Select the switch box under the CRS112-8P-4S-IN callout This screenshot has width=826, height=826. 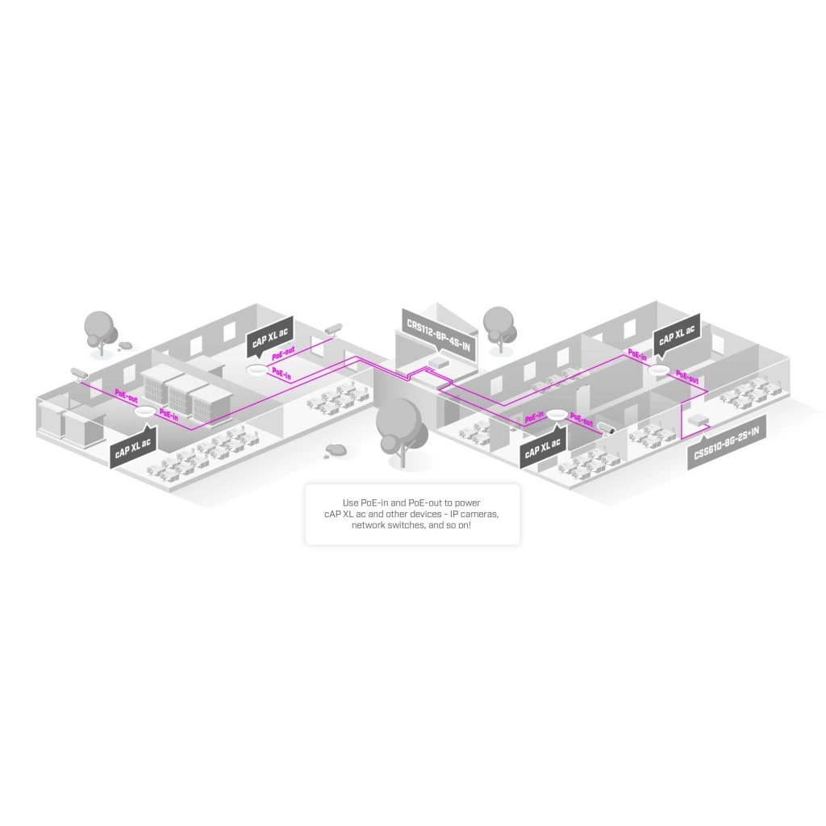click(x=436, y=361)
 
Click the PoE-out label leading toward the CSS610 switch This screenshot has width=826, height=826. click(x=687, y=377)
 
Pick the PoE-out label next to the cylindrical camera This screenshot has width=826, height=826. click(x=581, y=419)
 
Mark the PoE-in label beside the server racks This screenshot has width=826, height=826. click(x=169, y=413)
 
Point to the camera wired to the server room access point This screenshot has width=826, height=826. click(x=78, y=373)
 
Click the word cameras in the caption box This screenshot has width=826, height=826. click(x=477, y=514)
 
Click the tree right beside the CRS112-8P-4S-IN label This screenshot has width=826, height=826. click(x=500, y=326)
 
